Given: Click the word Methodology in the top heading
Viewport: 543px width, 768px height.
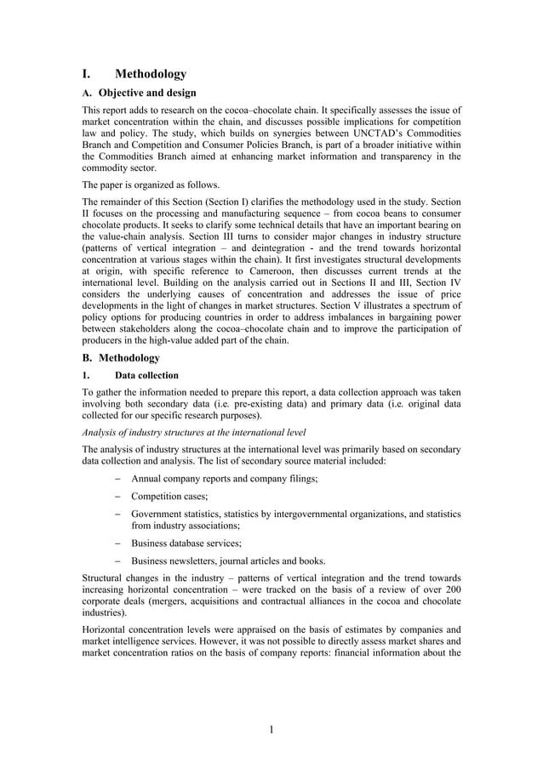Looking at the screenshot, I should pyautogui.click(x=151, y=75).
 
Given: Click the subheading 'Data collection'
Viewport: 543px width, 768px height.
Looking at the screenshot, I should pyautogui.click(x=146, y=375).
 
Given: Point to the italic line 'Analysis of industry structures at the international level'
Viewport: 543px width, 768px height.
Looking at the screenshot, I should pyautogui.click(x=194, y=432).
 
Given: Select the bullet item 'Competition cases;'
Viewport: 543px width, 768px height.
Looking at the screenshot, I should pyautogui.click(x=169, y=496).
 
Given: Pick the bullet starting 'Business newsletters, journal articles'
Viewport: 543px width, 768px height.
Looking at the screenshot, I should pyautogui.click(x=228, y=560).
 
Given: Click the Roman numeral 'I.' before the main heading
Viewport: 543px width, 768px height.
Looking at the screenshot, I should pyautogui.click(x=87, y=75).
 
